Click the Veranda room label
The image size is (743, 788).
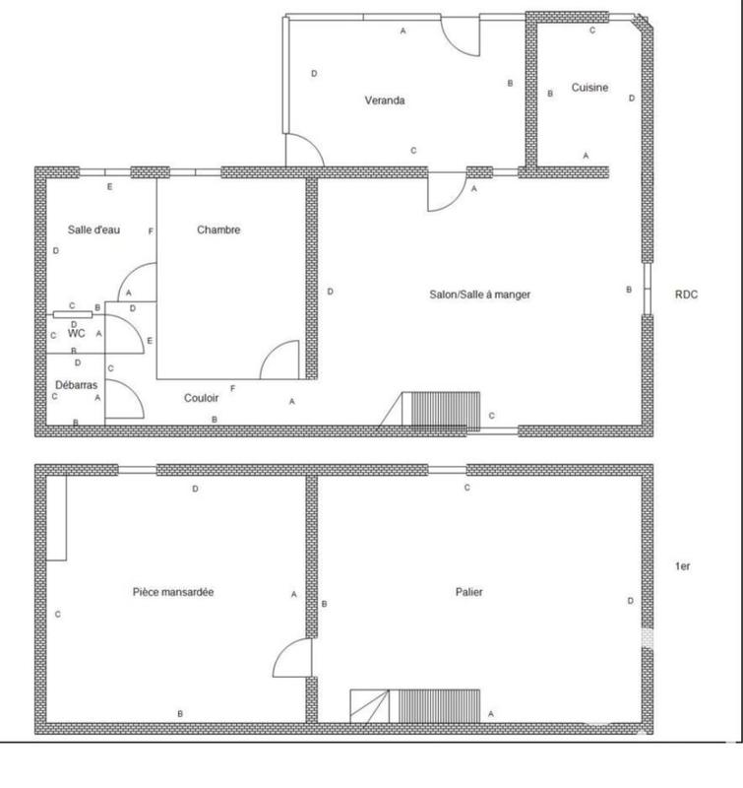pyautogui.click(x=385, y=100)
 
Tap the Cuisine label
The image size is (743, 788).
pyautogui.click(x=589, y=88)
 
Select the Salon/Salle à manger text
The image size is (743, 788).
pyautogui.click(x=479, y=295)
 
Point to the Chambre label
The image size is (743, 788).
pyautogui.click(x=218, y=230)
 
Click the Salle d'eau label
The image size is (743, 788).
pyautogui.click(x=93, y=230)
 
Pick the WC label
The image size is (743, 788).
pyautogui.click(x=77, y=333)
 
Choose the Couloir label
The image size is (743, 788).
pyautogui.click(x=201, y=399)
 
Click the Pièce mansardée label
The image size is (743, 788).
pyautogui.click(x=173, y=592)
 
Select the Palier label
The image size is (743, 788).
pyautogui.click(x=468, y=592)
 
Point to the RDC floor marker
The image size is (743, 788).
pyautogui.click(x=686, y=294)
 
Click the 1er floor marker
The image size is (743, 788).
pyautogui.click(x=682, y=566)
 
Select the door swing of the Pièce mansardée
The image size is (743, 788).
pyautogui.click(x=292, y=658)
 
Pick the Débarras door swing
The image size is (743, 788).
pyautogui.click(x=122, y=400)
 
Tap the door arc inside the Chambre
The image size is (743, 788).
pyautogui.click(x=280, y=361)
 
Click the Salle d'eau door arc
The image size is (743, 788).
pyautogui.click(x=136, y=282)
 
